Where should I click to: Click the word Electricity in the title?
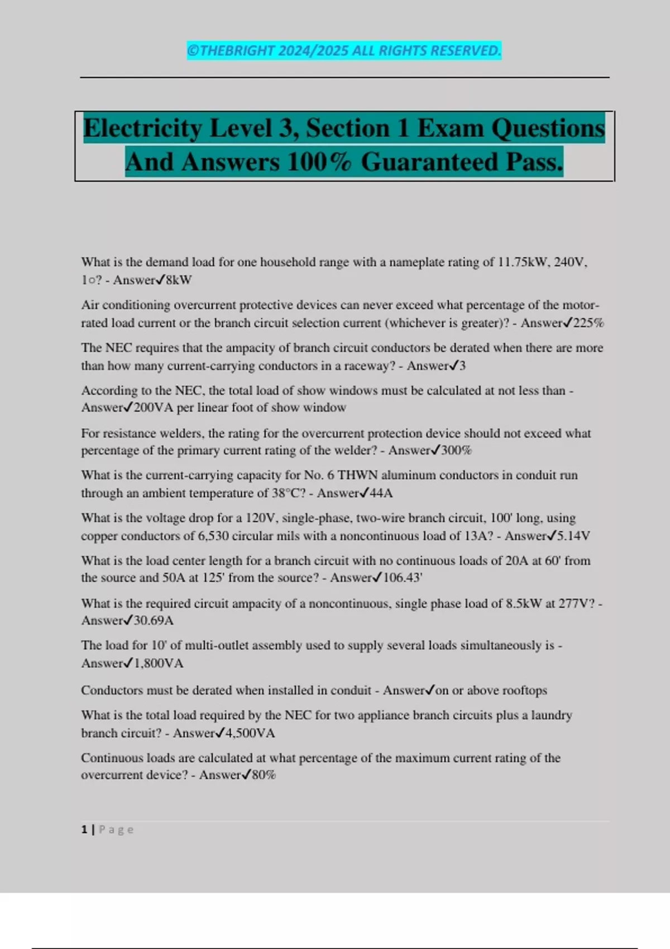[x=142, y=128]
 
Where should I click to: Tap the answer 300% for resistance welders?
[x=456, y=450]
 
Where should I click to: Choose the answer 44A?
[x=381, y=493]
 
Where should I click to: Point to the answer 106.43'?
[x=403, y=578]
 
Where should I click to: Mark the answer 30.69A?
[x=154, y=621]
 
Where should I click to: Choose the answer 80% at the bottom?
[x=264, y=775]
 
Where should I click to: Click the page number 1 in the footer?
[x=84, y=830]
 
